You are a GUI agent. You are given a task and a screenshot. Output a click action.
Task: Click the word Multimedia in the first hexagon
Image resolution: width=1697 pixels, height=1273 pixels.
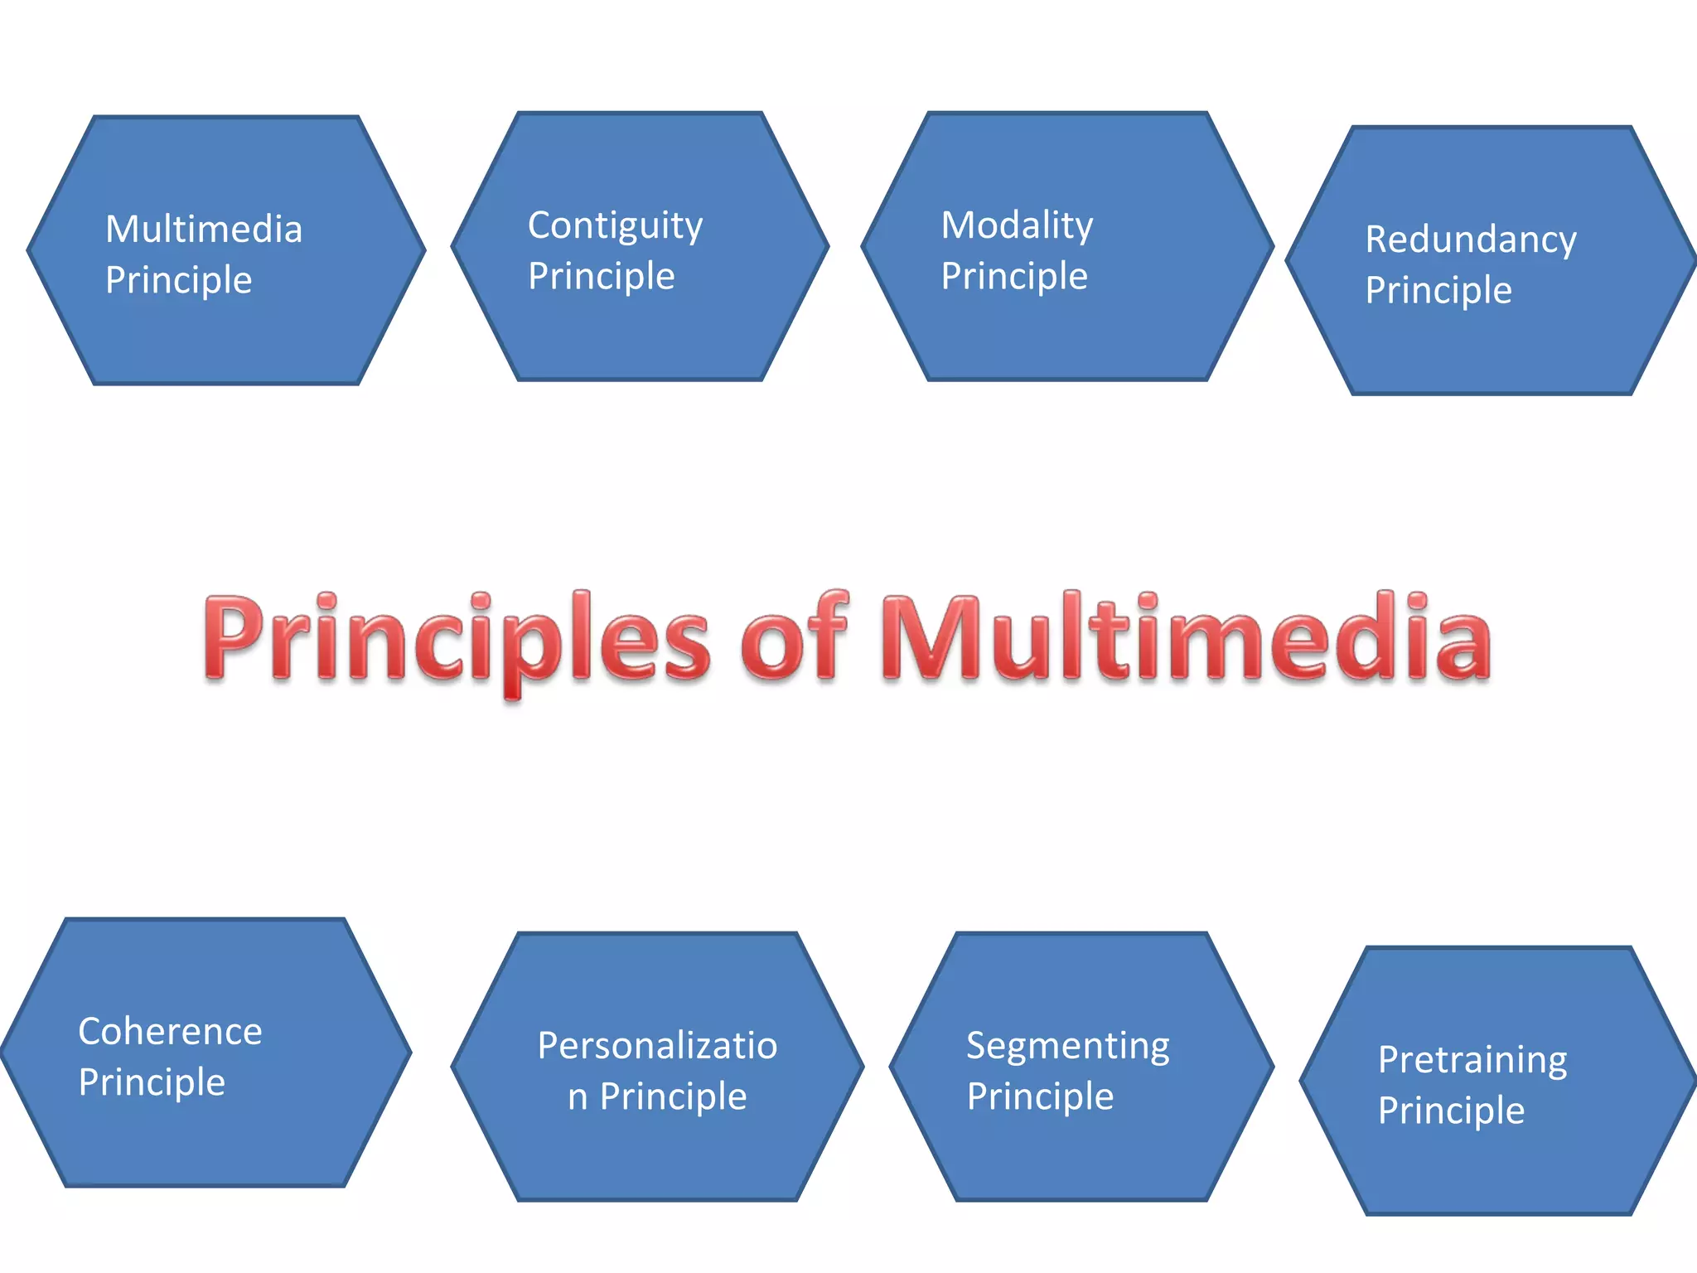pos(204,230)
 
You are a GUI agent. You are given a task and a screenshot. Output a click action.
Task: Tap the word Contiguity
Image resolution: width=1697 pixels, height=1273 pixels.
pos(615,226)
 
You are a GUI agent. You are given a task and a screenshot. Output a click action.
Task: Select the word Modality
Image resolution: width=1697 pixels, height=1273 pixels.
pos(1017,225)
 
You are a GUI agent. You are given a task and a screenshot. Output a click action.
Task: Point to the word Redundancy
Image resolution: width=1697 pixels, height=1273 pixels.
pos(1471,240)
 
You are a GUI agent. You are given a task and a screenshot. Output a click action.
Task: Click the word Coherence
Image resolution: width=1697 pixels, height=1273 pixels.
pos(170,1032)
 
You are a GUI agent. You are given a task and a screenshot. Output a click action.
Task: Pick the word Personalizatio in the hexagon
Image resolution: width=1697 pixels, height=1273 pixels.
pos(657,1046)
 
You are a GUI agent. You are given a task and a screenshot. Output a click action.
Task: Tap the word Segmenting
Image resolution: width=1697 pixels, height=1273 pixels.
pos(1067,1047)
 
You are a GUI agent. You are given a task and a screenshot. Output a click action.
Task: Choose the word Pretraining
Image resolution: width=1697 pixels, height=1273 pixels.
pos(1472,1061)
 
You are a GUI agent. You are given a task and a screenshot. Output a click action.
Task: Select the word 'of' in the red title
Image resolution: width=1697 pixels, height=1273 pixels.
pos(794,638)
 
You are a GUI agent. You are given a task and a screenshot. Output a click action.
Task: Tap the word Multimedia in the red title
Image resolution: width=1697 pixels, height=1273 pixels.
pos(1185,638)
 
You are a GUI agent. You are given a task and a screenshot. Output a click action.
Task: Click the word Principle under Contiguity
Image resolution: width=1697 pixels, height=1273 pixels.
pos(602,277)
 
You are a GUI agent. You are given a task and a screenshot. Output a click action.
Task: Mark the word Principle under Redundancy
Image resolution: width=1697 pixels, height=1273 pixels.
pos(1438,291)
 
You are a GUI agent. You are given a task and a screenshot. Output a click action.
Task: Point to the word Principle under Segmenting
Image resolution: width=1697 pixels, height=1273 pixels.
pos(1040,1097)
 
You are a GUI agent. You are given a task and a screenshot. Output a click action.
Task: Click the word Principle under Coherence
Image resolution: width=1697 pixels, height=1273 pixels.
pos(152,1083)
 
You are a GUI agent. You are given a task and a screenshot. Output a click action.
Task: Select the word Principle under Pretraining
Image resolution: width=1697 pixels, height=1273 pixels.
pos(1451,1111)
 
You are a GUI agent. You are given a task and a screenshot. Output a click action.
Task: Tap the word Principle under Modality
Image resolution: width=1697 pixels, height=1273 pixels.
pos(1014,277)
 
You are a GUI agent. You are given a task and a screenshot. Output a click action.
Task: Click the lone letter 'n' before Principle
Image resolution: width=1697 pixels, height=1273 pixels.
pos(578,1098)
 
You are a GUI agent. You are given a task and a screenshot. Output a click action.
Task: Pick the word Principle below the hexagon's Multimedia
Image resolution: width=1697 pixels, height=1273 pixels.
pos(178,281)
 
